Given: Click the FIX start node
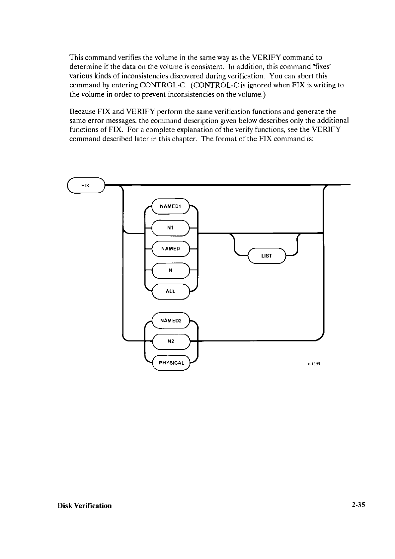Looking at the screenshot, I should click(86, 185).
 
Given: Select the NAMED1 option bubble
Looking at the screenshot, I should click(170, 206).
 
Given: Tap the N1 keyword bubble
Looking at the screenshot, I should click(170, 228).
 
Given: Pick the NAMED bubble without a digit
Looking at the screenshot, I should click(170, 249).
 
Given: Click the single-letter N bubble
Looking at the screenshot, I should click(170, 270).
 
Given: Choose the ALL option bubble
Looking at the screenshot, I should click(170, 291).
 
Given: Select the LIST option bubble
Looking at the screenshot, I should click(267, 256).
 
